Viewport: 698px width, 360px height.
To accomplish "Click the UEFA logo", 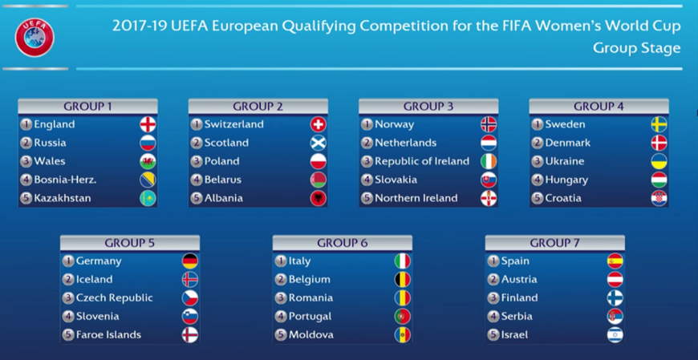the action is [34, 38].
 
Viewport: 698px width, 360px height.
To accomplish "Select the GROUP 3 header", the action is [428, 107].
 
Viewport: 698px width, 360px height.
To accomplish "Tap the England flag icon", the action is [148, 124].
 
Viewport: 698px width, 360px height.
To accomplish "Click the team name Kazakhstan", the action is [63, 198].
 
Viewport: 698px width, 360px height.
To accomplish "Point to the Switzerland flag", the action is [319, 124].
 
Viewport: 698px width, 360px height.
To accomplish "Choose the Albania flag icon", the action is [319, 198].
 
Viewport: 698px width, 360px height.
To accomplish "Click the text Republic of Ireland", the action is [422, 161].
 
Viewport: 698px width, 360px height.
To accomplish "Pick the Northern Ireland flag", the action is [489, 198].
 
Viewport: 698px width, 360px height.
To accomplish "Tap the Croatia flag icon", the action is [659, 198].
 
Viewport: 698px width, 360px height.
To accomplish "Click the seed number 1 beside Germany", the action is [68, 261].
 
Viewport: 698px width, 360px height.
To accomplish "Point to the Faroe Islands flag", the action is [190, 334].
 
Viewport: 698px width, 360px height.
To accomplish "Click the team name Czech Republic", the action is [115, 297].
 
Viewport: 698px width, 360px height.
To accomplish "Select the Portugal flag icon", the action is [403, 317].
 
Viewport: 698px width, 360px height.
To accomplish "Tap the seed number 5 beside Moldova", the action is [281, 334].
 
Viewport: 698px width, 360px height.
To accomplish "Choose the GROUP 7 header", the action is [554, 243].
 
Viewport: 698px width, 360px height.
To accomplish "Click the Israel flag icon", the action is [615, 334].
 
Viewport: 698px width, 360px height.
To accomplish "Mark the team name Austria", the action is [519, 280].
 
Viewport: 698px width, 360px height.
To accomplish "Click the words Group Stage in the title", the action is [637, 48].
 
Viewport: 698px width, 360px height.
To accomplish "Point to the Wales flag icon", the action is [148, 161].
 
